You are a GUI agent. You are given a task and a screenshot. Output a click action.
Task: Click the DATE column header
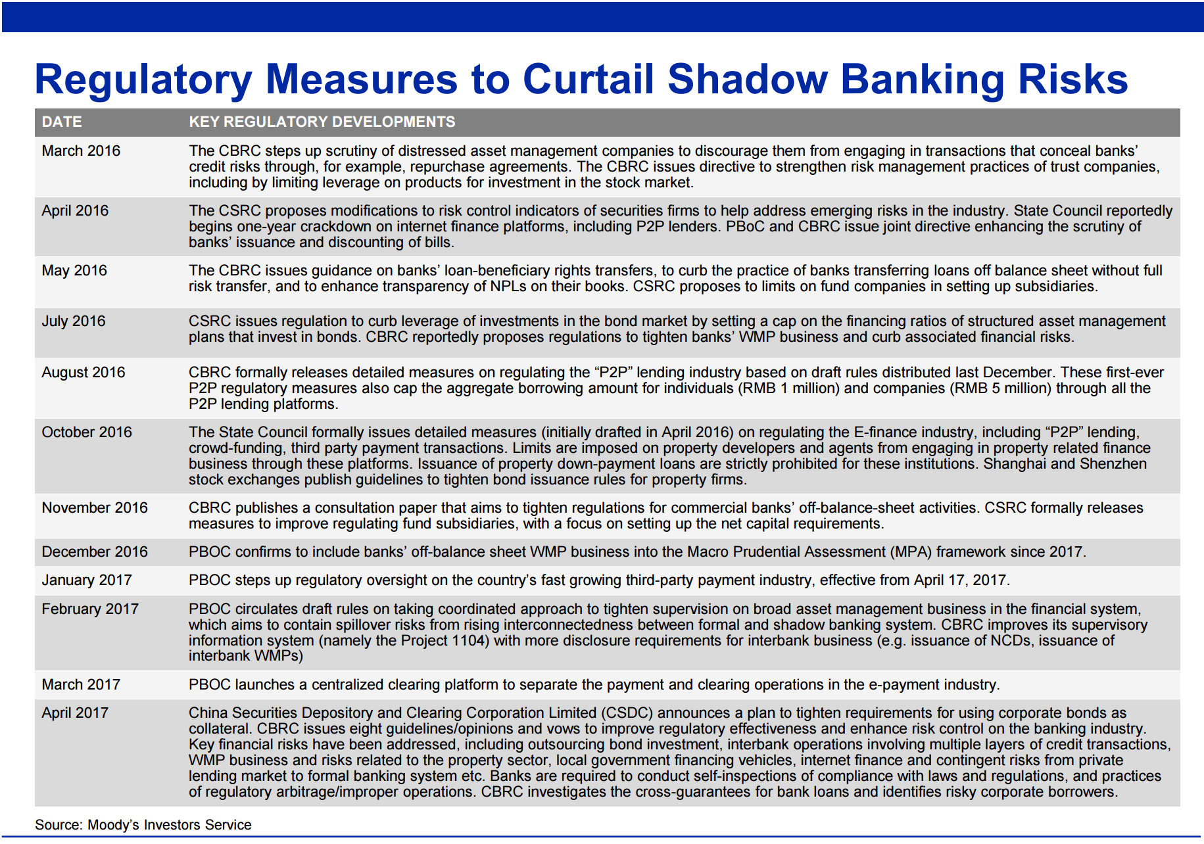click(62, 122)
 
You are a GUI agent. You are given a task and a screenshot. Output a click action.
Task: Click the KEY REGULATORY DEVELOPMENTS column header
click(322, 122)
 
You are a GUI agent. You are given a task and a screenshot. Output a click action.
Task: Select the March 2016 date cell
click(81, 151)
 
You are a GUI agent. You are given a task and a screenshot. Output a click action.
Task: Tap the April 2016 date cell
click(75, 211)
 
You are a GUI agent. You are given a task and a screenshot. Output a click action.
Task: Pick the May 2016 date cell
click(74, 271)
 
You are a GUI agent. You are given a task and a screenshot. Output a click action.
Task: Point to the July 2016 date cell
click(74, 321)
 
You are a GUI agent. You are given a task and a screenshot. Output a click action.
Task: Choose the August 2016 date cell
click(84, 373)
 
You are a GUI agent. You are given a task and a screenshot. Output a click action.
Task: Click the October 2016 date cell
click(87, 433)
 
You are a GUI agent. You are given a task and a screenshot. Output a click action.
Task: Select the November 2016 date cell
click(95, 508)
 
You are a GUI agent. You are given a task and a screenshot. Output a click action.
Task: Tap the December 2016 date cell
click(95, 552)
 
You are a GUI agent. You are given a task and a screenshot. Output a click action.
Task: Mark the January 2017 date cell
click(87, 580)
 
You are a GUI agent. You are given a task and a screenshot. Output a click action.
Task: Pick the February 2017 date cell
click(90, 609)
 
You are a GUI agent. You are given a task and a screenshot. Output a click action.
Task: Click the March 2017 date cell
click(81, 685)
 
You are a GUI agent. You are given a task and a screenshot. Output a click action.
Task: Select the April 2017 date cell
click(75, 713)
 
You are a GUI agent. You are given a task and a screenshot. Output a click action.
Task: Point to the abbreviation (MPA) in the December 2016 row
click(911, 552)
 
